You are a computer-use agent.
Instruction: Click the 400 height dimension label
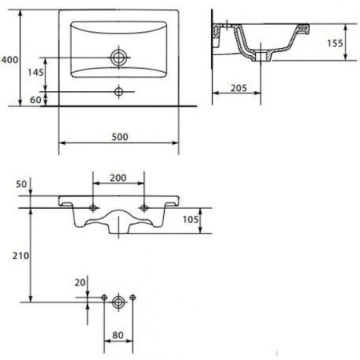(10, 60)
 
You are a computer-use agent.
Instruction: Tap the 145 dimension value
(36, 72)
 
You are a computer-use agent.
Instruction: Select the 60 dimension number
(35, 100)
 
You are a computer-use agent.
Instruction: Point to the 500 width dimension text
(120, 137)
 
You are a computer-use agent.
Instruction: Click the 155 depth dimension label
(335, 43)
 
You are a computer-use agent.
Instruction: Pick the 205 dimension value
(238, 88)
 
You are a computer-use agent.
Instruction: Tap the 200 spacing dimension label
(118, 178)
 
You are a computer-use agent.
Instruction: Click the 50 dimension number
(22, 184)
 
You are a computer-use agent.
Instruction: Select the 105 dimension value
(190, 219)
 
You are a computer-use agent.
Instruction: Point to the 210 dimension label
(21, 256)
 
